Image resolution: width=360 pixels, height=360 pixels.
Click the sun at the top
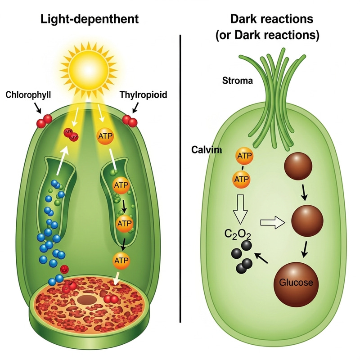89,66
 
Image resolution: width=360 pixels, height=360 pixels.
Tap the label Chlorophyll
28,95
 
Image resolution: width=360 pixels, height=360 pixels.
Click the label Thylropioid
144,95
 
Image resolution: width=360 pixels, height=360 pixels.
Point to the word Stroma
238,81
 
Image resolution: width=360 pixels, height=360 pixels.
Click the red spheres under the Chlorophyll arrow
44,120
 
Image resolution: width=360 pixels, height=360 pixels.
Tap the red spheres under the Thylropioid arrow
130,120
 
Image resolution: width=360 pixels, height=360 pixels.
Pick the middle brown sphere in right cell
307,220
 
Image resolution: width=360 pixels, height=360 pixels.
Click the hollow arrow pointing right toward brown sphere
274,221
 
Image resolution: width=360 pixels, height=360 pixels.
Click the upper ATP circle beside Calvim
244,156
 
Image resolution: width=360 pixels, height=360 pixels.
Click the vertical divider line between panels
180,180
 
